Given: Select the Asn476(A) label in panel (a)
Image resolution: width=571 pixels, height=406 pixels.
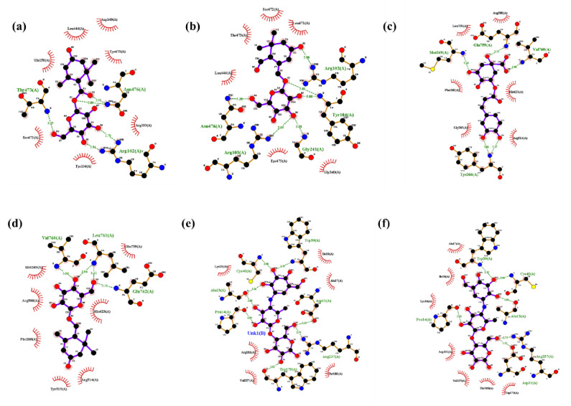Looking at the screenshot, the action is tap(118, 89).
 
